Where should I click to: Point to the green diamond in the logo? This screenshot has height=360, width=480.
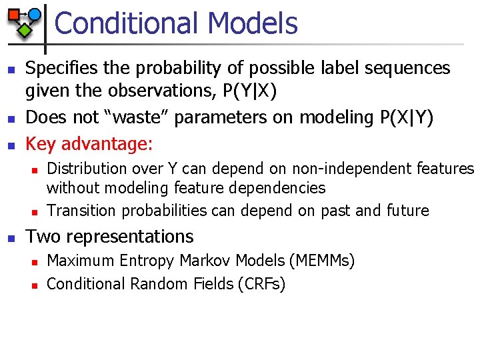(25, 30)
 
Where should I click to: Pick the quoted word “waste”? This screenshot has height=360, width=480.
(142, 117)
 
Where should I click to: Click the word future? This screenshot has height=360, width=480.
(407, 211)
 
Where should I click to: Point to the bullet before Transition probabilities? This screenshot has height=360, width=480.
(34, 212)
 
